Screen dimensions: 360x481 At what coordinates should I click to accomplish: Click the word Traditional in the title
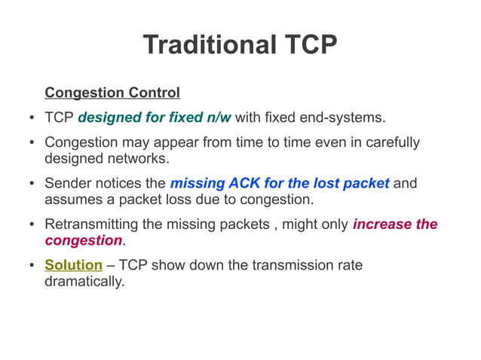[x=209, y=44]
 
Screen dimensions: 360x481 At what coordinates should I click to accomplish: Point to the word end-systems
[x=346, y=118]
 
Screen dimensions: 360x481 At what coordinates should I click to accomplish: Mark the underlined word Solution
[x=73, y=265]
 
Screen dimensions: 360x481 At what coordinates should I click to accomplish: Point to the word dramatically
[x=84, y=281]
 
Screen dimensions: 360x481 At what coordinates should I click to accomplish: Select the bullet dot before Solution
[x=30, y=266]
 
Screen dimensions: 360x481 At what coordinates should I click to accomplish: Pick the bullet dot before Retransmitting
[x=30, y=225]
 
